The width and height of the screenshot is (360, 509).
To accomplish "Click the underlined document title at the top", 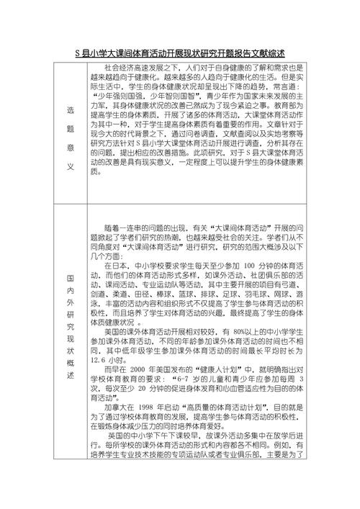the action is pyautogui.click(x=180, y=53).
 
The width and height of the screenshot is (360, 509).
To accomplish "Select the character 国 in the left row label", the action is pyautogui.click(x=71, y=276).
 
